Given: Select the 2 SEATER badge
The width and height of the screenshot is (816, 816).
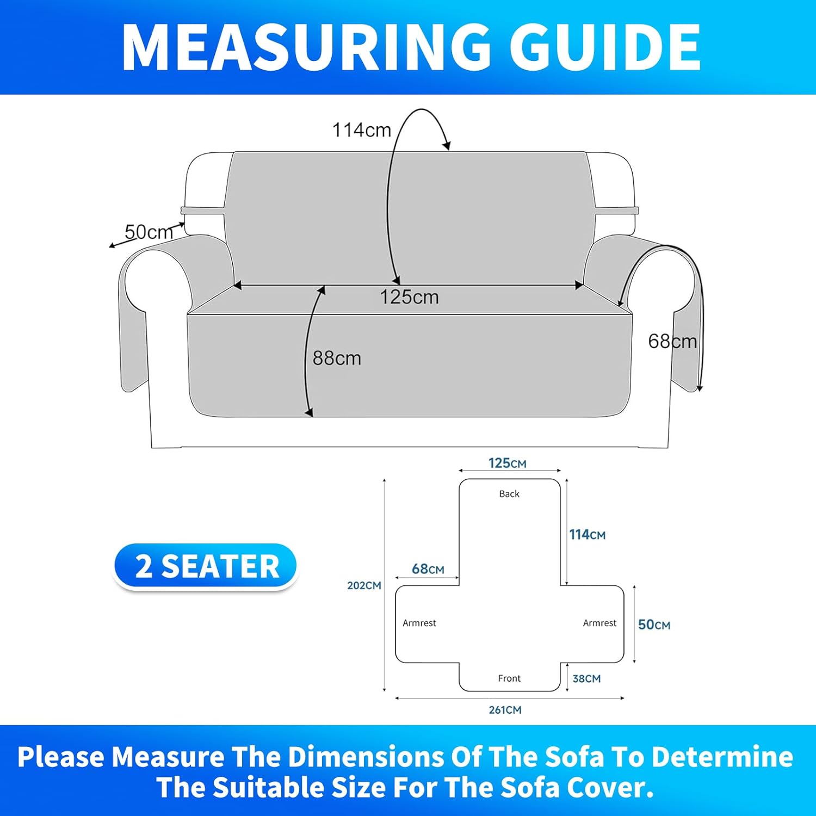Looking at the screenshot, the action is tap(206, 566).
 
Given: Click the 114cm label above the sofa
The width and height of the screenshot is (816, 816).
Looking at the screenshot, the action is tap(362, 130).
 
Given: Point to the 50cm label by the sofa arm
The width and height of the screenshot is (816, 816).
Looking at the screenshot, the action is tap(149, 232).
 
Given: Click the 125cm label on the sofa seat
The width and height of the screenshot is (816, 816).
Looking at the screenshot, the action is tap(409, 297).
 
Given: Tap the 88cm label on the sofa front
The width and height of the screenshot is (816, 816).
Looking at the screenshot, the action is tap(337, 358).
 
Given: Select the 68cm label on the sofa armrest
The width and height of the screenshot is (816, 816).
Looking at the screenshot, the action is tap(672, 341).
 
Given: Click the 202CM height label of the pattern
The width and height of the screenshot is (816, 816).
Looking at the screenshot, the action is tap(364, 585).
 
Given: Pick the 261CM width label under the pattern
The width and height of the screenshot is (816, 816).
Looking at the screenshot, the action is tap(505, 710).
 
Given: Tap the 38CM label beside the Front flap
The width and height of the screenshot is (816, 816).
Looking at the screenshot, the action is tap(586, 678).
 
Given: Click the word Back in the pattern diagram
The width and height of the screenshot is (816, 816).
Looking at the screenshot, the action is tap(509, 494).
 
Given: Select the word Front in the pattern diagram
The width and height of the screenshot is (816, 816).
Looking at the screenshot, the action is tap(509, 678).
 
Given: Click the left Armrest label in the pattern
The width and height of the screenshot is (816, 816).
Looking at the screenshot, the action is tap(419, 623).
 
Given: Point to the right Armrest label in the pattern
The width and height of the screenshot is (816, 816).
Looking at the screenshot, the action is tap(599, 623).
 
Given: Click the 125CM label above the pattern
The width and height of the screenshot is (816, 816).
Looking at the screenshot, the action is tap(508, 463).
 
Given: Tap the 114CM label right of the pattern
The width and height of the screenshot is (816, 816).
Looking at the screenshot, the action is tap(587, 535).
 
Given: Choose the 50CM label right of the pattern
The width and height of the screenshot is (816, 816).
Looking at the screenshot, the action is tap(654, 625).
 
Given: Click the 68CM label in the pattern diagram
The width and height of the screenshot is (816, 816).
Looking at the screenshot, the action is tap(428, 569).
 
